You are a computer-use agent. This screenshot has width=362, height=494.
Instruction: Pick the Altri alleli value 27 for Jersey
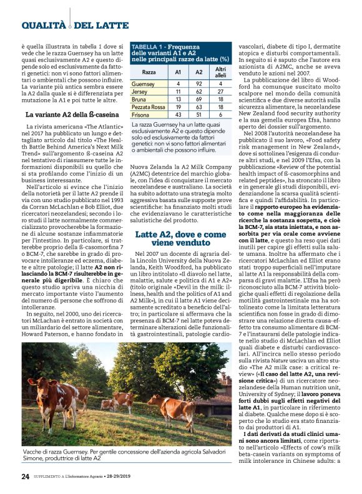[220, 91]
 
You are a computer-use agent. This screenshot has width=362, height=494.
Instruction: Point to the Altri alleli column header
[220, 71]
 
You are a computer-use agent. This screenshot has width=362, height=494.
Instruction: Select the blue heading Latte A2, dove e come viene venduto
[180, 220]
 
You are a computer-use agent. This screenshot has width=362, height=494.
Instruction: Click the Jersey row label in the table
[140, 91]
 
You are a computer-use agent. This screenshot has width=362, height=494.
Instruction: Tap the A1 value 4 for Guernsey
[178, 83]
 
